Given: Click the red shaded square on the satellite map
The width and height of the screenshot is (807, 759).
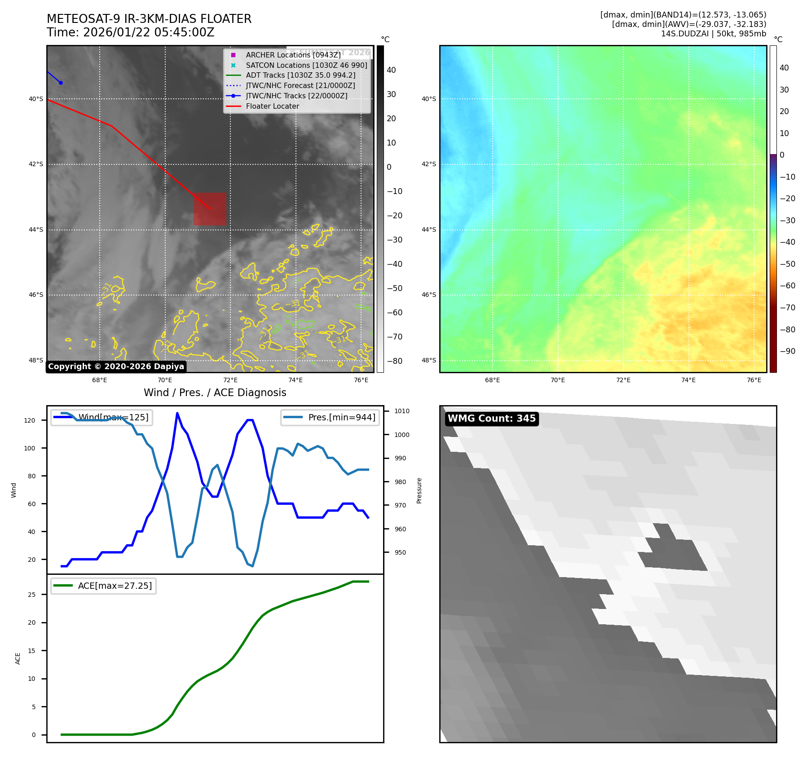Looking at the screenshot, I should (210, 209).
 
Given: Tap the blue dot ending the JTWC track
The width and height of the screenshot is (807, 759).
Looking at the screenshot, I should (61, 83).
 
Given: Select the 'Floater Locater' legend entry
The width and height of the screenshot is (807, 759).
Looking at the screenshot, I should (272, 106).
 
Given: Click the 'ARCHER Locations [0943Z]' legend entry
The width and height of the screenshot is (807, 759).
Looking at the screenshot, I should (293, 55).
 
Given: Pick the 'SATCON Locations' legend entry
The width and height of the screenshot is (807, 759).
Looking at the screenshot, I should (306, 65).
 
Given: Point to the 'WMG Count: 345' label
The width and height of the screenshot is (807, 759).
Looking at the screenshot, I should (491, 419).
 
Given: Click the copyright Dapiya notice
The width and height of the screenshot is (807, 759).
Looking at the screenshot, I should (116, 366).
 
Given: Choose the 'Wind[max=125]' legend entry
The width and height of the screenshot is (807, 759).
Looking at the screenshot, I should (113, 417).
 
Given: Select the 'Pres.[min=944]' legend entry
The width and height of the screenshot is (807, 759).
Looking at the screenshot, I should (341, 417).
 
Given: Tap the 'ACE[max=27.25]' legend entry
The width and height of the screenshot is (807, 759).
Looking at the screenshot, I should (115, 586).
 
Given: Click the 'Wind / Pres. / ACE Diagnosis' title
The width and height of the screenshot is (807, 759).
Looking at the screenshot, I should (215, 393).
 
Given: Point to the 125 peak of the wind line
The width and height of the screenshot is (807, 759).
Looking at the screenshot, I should (177, 413).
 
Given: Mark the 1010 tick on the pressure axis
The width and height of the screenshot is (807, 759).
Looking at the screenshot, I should (401, 411).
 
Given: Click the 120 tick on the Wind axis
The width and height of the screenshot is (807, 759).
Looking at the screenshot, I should (30, 420).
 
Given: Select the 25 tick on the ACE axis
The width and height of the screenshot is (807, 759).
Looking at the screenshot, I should (32, 595).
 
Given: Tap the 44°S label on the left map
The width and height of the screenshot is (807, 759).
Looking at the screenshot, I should (36, 229).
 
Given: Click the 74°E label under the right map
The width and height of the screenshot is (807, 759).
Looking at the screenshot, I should (688, 380).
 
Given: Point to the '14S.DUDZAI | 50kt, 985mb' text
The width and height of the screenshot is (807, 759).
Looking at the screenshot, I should (713, 34).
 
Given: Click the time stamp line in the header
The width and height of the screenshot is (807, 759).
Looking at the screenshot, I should (130, 32).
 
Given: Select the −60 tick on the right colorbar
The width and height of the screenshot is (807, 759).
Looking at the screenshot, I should (787, 286).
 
